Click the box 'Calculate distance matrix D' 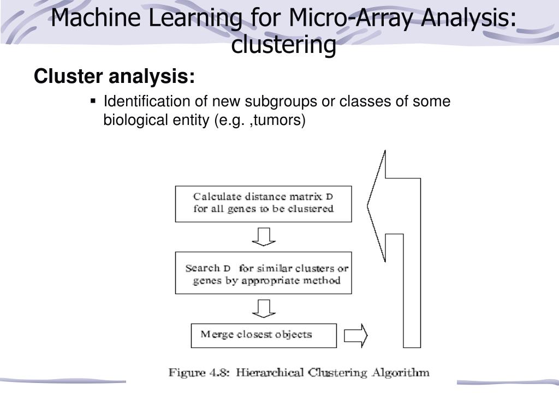pos(263,203)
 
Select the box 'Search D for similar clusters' pos(263,273)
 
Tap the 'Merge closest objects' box pos(263,335)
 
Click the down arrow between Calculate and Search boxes pos(263,236)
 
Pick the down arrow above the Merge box pos(263,307)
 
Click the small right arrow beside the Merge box pos(356,335)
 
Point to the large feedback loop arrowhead pos(377,206)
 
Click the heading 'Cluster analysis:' pos(114,77)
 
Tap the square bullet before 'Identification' pos(93,101)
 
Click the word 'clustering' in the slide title pos(283,45)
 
